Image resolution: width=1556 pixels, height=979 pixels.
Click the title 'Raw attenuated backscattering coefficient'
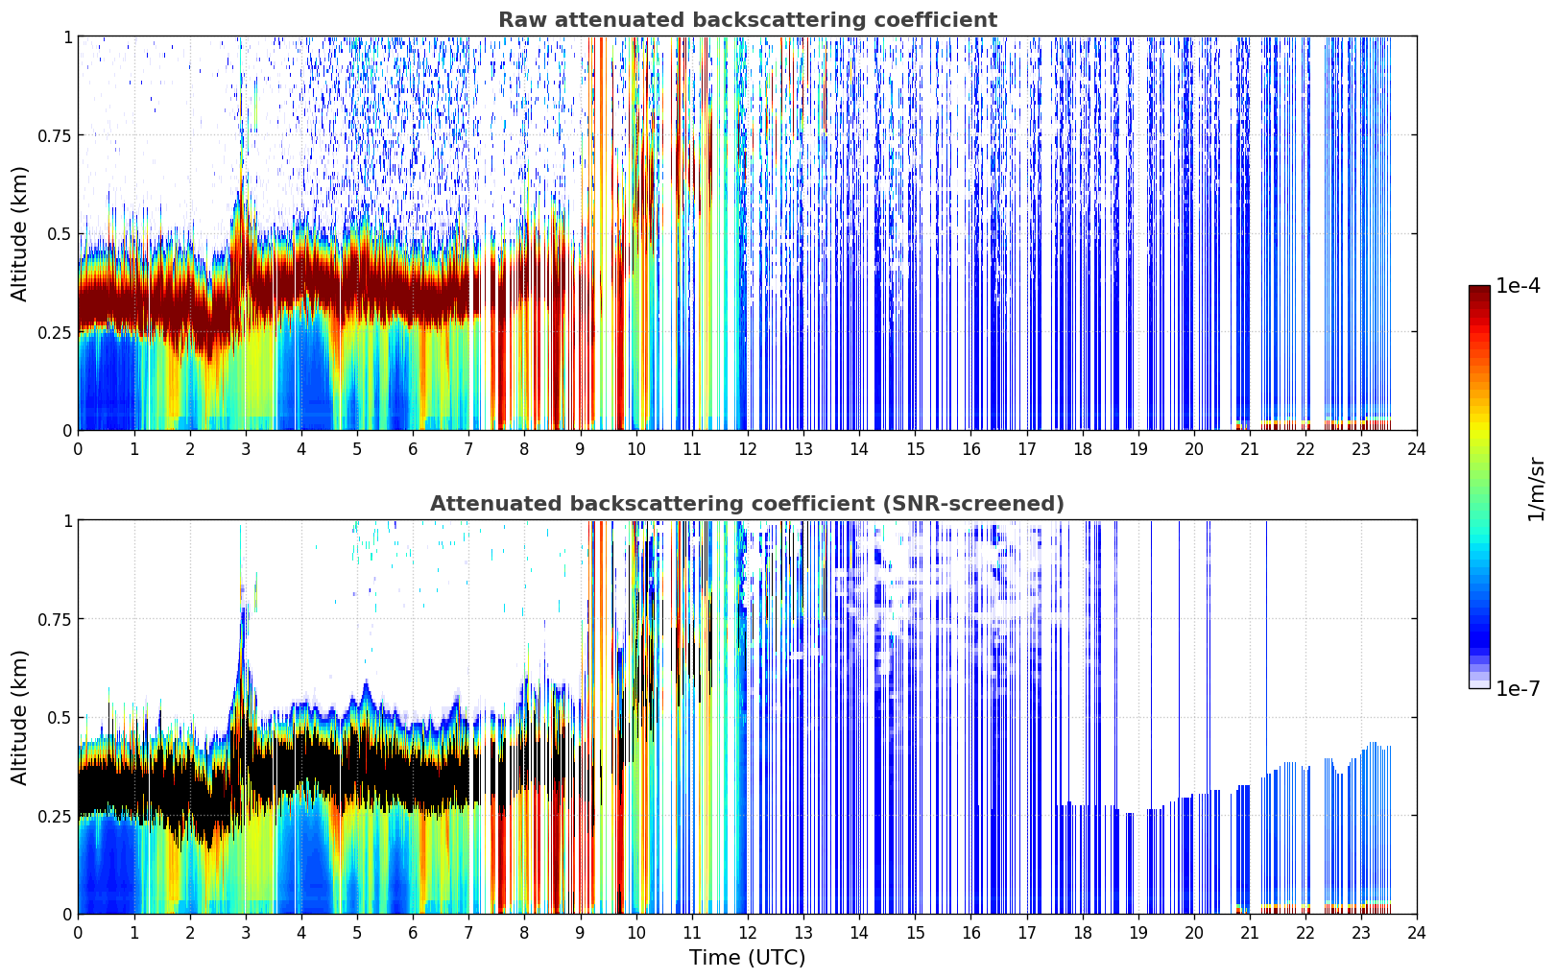748,19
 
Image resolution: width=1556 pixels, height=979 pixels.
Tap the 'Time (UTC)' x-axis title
748,958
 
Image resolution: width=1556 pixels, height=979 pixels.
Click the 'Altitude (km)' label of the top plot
19,234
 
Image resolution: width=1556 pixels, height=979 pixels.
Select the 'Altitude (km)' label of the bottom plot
19,717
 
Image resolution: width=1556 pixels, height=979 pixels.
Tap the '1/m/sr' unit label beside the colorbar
1536,489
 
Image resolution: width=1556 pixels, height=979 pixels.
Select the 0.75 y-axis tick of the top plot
54,135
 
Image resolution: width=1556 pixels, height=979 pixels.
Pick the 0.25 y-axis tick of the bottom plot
54,816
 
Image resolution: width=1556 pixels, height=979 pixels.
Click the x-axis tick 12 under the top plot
748,449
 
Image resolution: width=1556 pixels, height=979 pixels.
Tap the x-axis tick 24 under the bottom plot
1417,933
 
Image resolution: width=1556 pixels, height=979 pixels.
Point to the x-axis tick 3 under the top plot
245,449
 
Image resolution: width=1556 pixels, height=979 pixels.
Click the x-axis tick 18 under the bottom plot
1082,933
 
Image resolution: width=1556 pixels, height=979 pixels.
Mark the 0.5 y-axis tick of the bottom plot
59,717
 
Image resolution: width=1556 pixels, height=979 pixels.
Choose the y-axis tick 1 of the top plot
68,36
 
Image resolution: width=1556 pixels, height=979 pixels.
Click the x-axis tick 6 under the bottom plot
413,933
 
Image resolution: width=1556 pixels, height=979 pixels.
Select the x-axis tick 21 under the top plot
1250,449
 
